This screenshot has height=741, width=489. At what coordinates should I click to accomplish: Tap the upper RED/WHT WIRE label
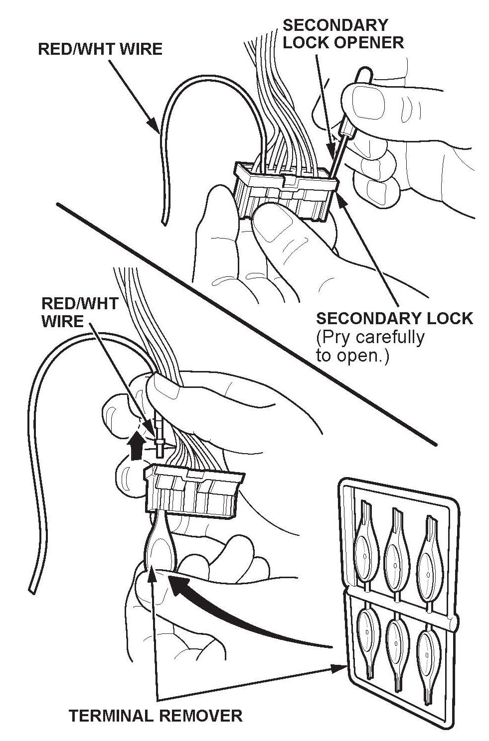[x=100, y=49]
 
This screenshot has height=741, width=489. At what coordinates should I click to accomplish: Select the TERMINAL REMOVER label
[x=155, y=716]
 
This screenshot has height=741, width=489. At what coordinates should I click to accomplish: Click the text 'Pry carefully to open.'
[x=370, y=346]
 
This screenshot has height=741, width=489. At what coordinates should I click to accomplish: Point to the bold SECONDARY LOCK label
[x=394, y=318]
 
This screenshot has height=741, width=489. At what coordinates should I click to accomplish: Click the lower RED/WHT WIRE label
[x=79, y=312]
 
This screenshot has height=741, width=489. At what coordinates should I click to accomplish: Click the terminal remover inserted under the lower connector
[x=160, y=543]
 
